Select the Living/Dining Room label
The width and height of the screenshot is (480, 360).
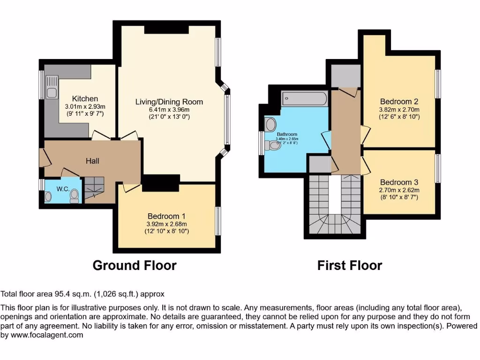point(169,102)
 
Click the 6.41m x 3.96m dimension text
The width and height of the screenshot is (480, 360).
point(169,109)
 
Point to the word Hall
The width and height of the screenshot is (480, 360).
point(92,161)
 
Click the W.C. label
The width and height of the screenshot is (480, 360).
point(63,189)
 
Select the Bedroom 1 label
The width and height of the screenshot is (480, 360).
point(166,216)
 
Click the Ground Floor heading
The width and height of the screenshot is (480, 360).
point(135,265)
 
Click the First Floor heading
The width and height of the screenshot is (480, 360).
point(350,265)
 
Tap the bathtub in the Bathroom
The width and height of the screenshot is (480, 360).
point(304,99)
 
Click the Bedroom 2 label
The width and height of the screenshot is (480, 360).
point(399,102)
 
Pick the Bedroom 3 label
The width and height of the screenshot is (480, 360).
point(399,182)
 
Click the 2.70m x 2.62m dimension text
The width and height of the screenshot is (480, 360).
point(399,190)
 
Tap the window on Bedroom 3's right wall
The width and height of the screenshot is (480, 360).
point(438,168)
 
